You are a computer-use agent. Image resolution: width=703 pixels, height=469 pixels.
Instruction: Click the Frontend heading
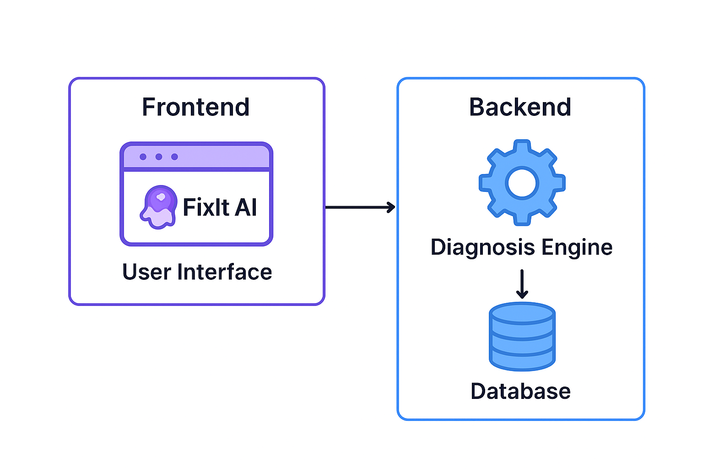[x=196, y=107]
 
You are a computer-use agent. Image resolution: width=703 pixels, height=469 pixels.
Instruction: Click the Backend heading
[x=520, y=107]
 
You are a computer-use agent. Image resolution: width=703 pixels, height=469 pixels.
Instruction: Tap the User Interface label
[x=197, y=272]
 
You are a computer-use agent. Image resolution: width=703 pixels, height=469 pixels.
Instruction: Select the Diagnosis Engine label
[x=521, y=247]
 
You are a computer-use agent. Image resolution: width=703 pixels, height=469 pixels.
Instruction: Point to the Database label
[x=521, y=391]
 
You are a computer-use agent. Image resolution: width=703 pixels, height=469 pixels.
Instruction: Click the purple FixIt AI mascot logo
[x=159, y=207]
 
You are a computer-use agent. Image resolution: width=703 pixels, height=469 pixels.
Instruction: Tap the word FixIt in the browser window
[x=206, y=207]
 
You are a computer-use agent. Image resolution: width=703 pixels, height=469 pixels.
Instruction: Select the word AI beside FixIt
[x=246, y=207]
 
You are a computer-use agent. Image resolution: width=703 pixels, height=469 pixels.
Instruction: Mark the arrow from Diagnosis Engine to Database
[x=522, y=284]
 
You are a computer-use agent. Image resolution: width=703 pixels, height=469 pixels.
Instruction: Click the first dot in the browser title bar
[x=143, y=157]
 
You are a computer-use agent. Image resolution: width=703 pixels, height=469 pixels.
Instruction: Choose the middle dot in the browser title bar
[x=159, y=157]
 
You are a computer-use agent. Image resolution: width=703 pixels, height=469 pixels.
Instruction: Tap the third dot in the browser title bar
[x=174, y=157]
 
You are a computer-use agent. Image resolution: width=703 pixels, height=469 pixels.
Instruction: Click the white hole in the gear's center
[x=522, y=183]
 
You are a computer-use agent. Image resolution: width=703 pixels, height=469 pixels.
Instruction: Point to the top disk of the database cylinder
[x=522, y=313]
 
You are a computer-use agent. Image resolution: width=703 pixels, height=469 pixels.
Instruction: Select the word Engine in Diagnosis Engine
[x=577, y=247]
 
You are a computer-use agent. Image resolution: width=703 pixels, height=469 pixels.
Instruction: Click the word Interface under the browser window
[x=225, y=272]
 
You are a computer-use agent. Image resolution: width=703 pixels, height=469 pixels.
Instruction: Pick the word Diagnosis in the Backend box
[x=483, y=247]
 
